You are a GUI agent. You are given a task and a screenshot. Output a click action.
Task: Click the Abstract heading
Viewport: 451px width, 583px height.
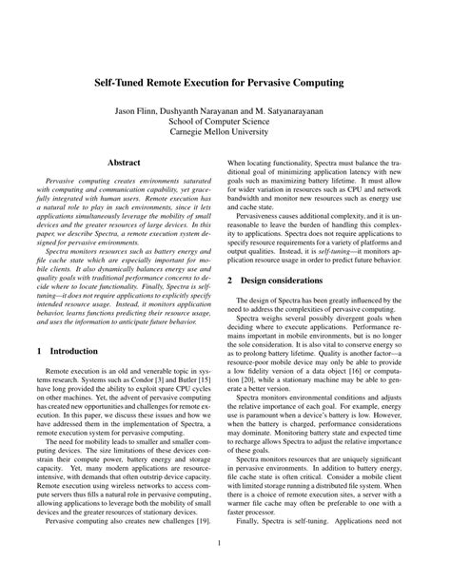pos(127,164)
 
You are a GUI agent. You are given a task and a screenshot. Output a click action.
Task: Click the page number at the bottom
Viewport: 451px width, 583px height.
pos(225,544)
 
